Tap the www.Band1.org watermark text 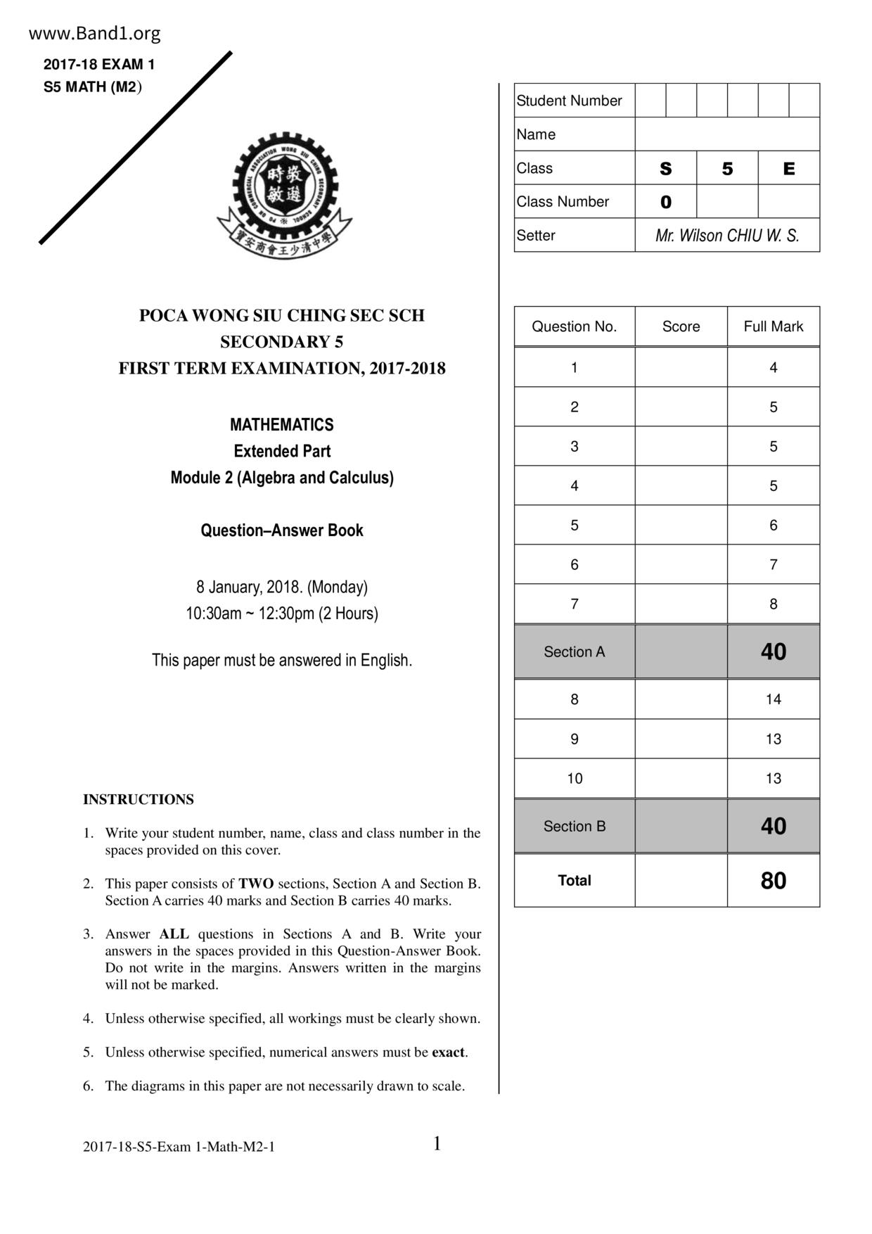coord(95,34)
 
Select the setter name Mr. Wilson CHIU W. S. coord(727,236)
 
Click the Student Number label coord(569,101)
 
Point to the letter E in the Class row coord(788,169)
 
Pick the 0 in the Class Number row coord(666,203)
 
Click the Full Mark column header coord(773,326)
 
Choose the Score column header coord(681,326)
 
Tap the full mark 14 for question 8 coord(773,699)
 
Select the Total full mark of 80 coord(773,881)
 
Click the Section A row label coord(574,652)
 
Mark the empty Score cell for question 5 coord(681,525)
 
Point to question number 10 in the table coord(575,778)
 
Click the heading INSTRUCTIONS coord(139,799)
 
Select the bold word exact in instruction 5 coord(448,1052)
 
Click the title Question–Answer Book coord(282,530)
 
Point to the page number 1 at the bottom coord(437,1144)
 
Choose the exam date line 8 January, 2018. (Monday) coord(282,587)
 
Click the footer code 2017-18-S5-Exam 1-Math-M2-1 coord(179,1147)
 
